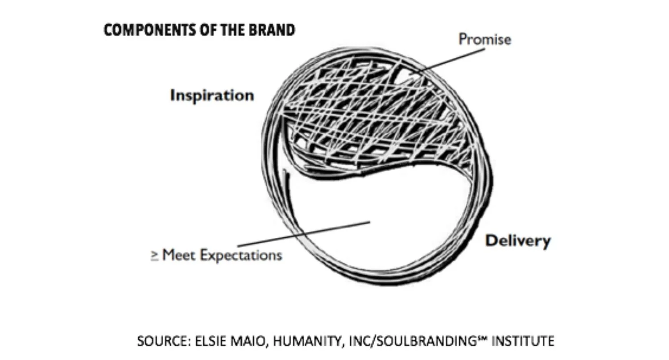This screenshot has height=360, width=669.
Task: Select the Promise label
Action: pos(485,39)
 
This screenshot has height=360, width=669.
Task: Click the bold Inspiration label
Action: pos(212,95)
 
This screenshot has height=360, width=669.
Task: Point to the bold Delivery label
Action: pos(518,241)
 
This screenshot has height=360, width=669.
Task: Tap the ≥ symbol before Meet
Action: pos(155,256)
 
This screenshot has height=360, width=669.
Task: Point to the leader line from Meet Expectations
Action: pos(303,234)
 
